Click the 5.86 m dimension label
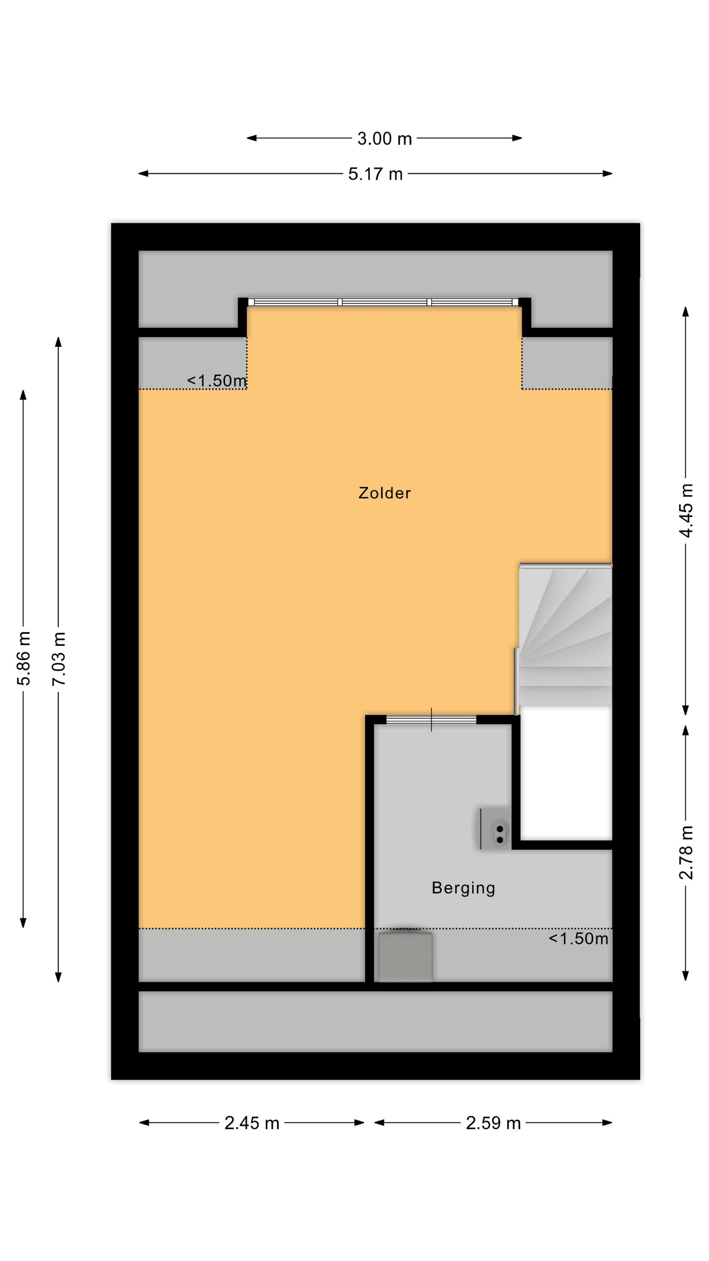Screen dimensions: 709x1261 click(x=24, y=658)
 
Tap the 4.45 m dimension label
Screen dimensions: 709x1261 click(x=686, y=510)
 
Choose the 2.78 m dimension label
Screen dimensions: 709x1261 click(x=686, y=852)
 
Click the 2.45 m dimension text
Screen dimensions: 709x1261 click(x=252, y=1123)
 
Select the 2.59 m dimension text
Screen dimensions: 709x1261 click(x=493, y=1123)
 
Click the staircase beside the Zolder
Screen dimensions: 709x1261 click(x=565, y=635)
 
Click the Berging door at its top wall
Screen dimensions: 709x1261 click(x=431, y=720)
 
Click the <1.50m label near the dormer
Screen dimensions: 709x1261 click(x=217, y=381)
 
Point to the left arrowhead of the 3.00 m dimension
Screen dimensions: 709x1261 click(x=252, y=138)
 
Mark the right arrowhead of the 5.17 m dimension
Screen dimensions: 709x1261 click(x=607, y=173)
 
